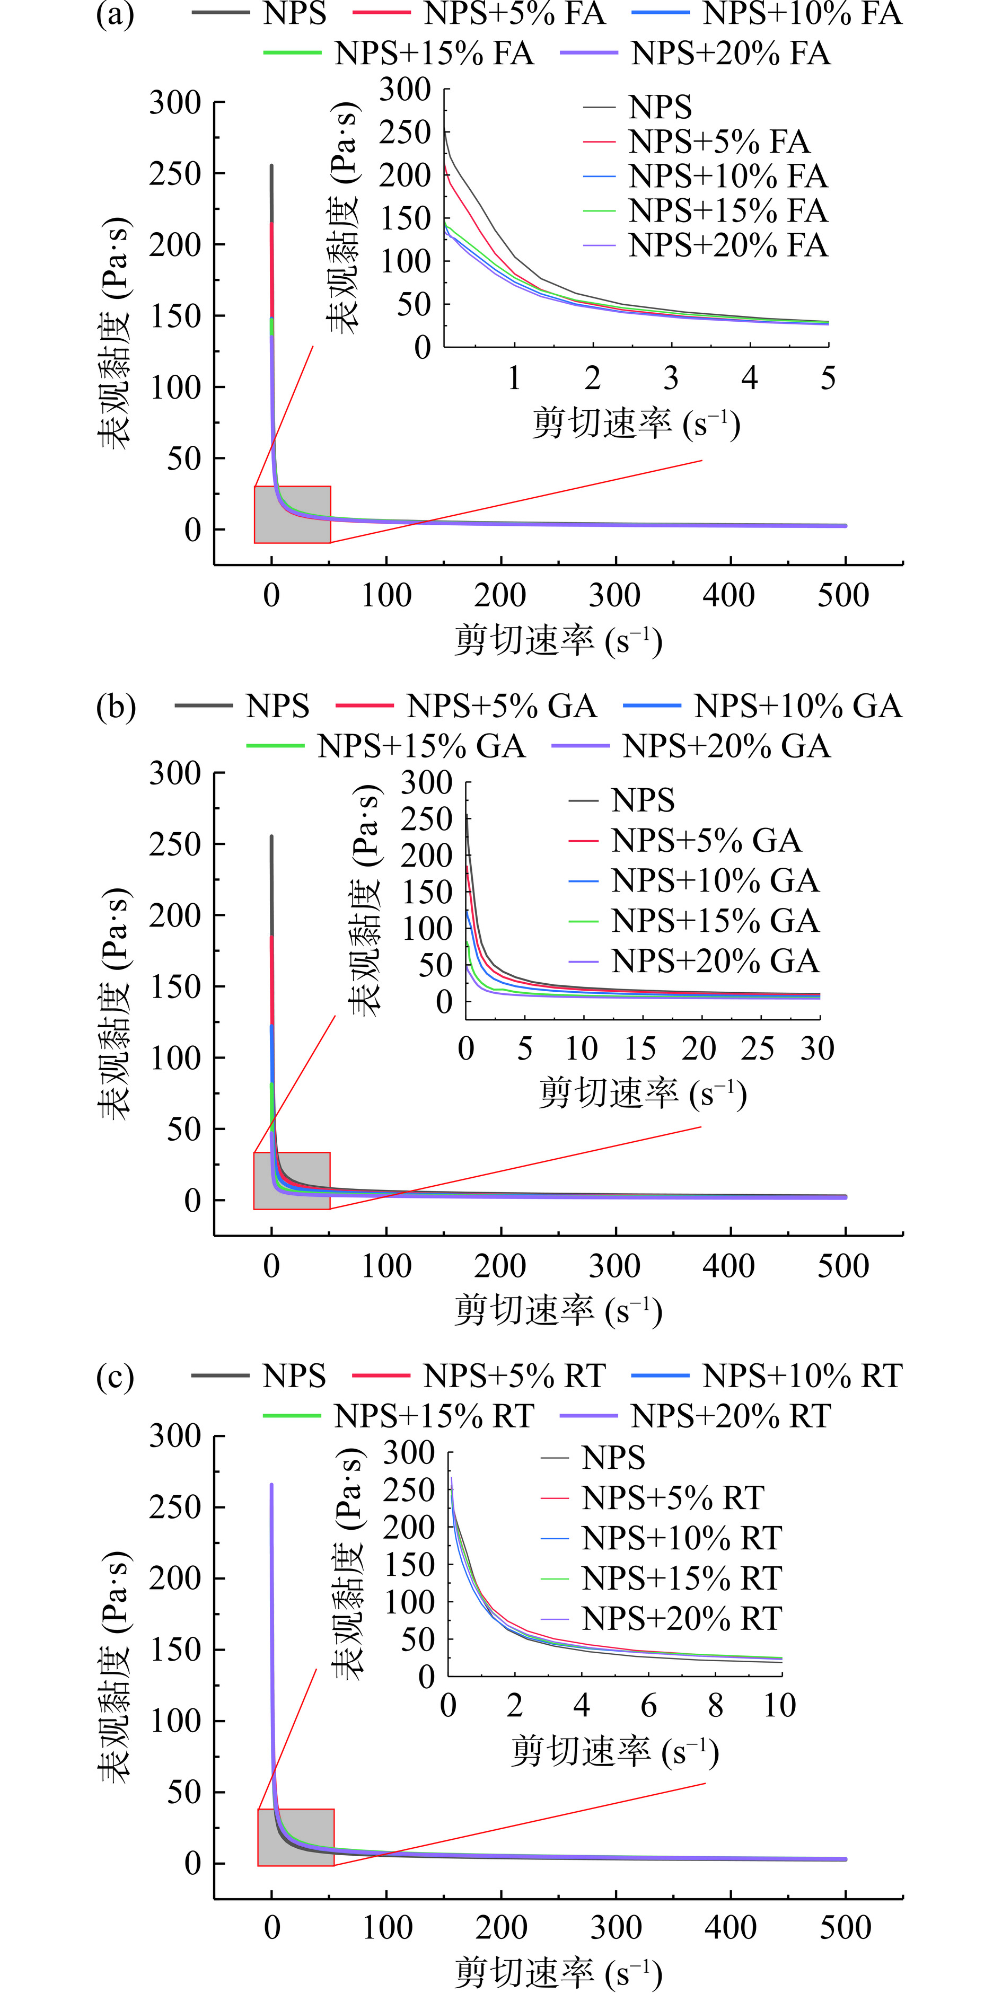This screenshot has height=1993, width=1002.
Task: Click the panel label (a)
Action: [115, 15]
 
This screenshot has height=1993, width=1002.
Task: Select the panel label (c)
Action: [115, 1377]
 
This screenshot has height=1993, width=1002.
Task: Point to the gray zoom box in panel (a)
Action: [293, 515]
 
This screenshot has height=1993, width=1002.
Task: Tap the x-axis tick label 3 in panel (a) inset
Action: [670, 378]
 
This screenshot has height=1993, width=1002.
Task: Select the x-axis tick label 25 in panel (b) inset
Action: [758, 1049]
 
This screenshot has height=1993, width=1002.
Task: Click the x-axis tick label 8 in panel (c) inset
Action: [715, 1706]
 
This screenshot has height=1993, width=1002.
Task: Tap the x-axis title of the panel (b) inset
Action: [642, 1092]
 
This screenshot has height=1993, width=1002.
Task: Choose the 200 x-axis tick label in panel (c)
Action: [502, 1928]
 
